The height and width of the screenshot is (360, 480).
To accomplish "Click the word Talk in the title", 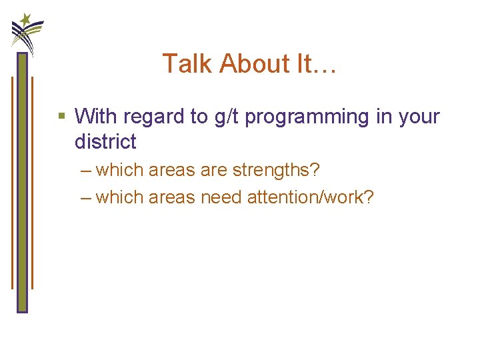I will point(187,64).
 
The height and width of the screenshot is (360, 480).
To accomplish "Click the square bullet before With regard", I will point(62,117).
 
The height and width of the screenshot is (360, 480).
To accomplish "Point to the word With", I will point(93,117).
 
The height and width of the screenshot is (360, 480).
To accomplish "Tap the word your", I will point(419,117).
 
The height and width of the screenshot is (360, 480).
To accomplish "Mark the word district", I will point(105,141).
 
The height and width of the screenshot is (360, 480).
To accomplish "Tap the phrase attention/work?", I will point(311,197).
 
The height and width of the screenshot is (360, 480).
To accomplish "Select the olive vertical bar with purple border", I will point(22,183).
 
